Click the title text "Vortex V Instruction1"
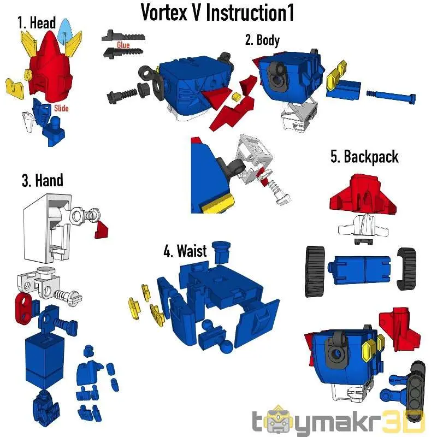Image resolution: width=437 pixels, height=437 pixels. click(217, 13)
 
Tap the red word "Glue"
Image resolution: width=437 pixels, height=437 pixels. click(123, 45)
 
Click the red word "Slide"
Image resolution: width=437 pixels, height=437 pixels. click(61, 108)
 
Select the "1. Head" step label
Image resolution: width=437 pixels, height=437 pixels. click(37, 22)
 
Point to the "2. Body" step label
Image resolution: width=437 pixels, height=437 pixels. click(262, 40)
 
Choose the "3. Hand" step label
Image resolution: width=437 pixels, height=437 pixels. click(43, 180)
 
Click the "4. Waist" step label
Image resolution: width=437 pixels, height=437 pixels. click(185, 251)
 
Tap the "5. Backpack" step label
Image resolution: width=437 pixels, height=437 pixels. click(364, 157)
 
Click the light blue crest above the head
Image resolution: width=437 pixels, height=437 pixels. click(65, 31)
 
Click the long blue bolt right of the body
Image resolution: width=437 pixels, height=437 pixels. click(391, 96)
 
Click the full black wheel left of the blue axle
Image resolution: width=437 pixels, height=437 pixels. click(316, 271)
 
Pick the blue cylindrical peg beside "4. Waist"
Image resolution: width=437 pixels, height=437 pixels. click(221, 252)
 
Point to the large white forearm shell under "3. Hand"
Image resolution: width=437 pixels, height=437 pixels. click(48, 228)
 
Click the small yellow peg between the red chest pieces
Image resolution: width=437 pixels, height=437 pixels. click(236, 97)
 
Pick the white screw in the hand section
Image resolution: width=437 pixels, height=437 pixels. click(68, 296)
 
